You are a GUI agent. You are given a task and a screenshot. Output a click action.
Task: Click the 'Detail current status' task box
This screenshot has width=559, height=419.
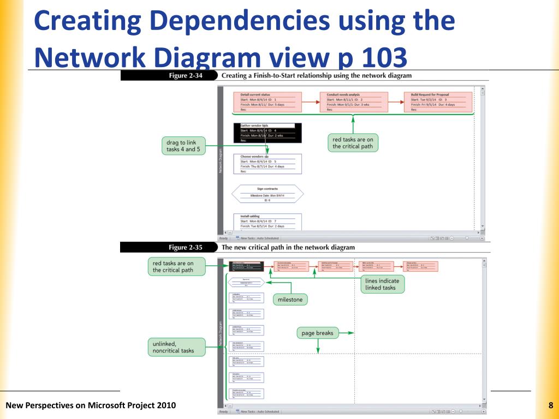click(x=267, y=102)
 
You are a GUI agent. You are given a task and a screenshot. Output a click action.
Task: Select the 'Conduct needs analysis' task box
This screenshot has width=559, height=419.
click(x=354, y=102)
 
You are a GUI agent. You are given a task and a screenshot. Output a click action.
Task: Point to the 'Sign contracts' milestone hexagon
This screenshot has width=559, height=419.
click(x=267, y=194)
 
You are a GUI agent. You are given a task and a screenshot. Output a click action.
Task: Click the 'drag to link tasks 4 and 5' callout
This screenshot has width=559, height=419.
click(x=185, y=146)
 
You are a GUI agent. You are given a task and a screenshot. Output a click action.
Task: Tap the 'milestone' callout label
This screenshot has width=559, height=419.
click(x=290, y=300)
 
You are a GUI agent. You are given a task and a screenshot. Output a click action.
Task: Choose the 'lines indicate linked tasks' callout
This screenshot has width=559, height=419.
click(x=382, y=284)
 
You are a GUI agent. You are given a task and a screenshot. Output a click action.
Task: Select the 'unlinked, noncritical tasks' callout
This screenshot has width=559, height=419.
click(x=176, y=348)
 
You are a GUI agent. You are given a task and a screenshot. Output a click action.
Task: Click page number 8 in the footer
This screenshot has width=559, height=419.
click(x=551, y=405)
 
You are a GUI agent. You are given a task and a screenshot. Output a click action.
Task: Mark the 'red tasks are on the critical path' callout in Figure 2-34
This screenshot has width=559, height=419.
click(x=353, y=143)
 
